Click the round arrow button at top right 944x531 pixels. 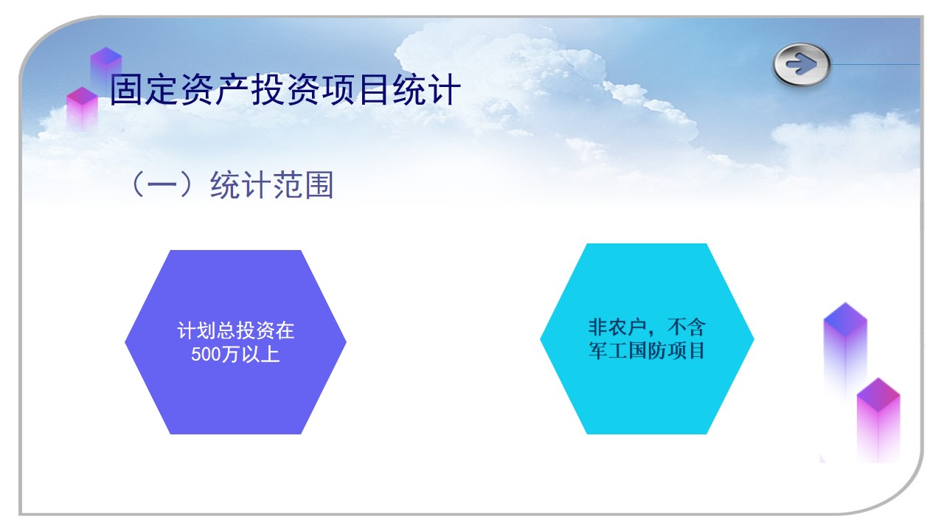click(802, 65)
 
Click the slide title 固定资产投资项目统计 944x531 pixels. click(285, 91)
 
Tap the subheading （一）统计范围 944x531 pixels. click(231, 185)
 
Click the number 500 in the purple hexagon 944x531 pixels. click(206, 355)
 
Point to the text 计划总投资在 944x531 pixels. click(235, 330)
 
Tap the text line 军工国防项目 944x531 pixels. click(647, 350)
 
